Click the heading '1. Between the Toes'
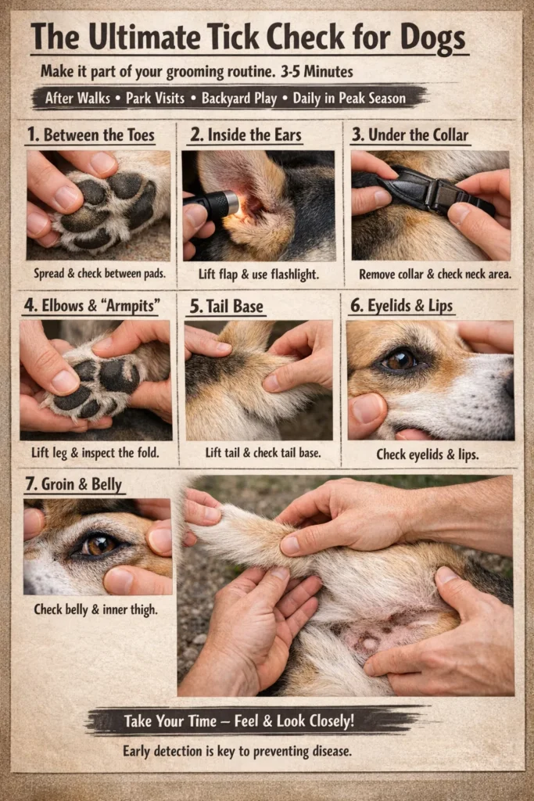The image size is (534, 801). (90, 135)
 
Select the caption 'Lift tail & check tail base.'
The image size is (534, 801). (257, 453)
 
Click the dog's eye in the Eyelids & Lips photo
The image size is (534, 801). (399, 359)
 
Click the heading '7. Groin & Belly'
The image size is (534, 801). (73, 485)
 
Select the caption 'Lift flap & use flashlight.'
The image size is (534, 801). (258, 275)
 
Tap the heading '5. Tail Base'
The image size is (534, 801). (226, 306)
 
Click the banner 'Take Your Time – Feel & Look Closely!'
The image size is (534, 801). (238, 720)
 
